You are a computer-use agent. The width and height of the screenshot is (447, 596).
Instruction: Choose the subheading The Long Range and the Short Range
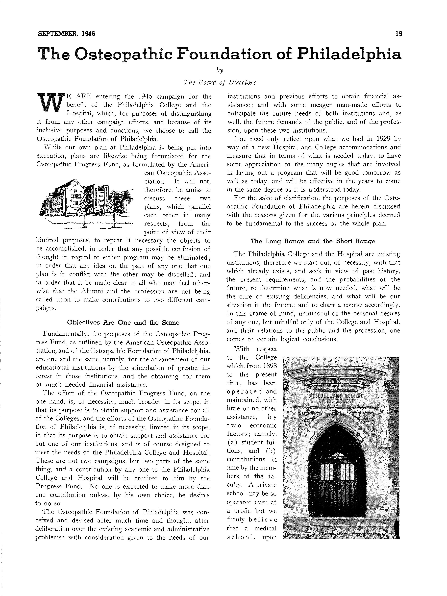pos(313,241)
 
